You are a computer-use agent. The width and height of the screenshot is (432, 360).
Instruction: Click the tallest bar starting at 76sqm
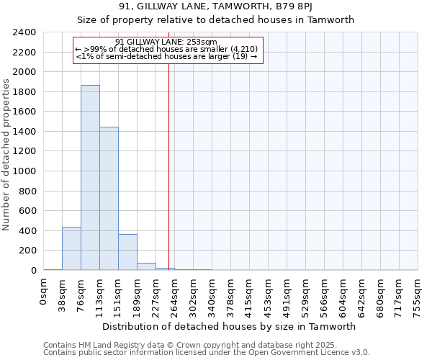[90, 178]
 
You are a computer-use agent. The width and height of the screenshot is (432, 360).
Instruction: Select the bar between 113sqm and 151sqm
[109, 199]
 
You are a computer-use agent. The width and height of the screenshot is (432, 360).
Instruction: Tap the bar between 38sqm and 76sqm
[71, 248]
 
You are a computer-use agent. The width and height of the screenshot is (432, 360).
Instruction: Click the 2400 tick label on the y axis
[24, 32]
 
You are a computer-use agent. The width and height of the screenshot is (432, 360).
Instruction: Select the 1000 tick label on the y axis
[24, 171]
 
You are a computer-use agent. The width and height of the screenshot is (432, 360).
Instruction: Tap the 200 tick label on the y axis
[27, 251]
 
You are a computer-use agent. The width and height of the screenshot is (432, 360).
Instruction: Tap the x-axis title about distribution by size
[229, 326]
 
